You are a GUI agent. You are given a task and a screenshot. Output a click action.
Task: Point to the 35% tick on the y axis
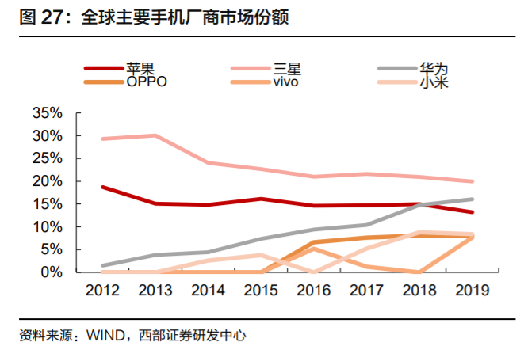47,113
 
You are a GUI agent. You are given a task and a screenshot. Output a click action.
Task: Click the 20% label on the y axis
47,181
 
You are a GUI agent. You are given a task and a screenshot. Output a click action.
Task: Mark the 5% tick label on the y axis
50,249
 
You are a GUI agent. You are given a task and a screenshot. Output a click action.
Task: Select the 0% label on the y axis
50,272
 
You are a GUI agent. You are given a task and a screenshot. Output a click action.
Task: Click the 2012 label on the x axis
102,290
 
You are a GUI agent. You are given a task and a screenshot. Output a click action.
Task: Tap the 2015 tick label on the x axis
261,290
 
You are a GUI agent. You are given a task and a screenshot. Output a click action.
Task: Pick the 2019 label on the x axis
473,290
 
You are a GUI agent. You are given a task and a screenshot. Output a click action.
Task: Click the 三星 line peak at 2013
155,135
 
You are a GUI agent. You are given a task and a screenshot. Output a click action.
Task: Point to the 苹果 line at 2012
102,187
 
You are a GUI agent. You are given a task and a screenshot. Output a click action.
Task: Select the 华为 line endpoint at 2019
473,199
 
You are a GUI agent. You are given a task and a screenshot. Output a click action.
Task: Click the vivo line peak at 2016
314,249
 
